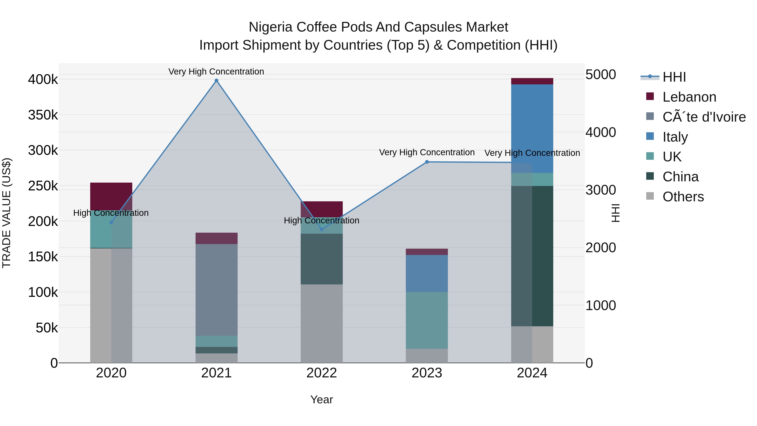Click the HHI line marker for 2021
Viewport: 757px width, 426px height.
[x=216, y=81]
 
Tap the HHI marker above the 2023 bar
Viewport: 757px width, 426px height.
[x=427, y=162]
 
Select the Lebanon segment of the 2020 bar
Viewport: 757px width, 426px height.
[x=111, y=196]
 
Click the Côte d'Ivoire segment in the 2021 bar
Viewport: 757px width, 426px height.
[x=216, y=290]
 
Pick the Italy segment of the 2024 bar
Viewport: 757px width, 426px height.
[x=532, y=129]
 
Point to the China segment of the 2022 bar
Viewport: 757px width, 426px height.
[x=322, y=259]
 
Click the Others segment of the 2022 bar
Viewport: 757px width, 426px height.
[x=322, y=323]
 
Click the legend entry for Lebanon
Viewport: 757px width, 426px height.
[x=689, y=97]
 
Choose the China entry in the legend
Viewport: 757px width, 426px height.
[x=680, y=177]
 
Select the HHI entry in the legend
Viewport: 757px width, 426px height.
[x=674, y=77]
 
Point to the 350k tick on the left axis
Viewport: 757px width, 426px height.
[x=43, y=115]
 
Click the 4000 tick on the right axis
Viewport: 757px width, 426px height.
[x=600, y=132]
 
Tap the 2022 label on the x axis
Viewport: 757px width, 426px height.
[x=322, y=373]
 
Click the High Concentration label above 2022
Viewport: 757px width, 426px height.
[x=322, y=220]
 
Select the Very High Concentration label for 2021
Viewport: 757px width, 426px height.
[x=216, y=72]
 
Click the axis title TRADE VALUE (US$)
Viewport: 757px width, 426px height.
[x=7, y=213]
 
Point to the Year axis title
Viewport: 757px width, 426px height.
[x=322, y=399]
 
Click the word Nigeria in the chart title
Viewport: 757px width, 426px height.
[x=271, y=27]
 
